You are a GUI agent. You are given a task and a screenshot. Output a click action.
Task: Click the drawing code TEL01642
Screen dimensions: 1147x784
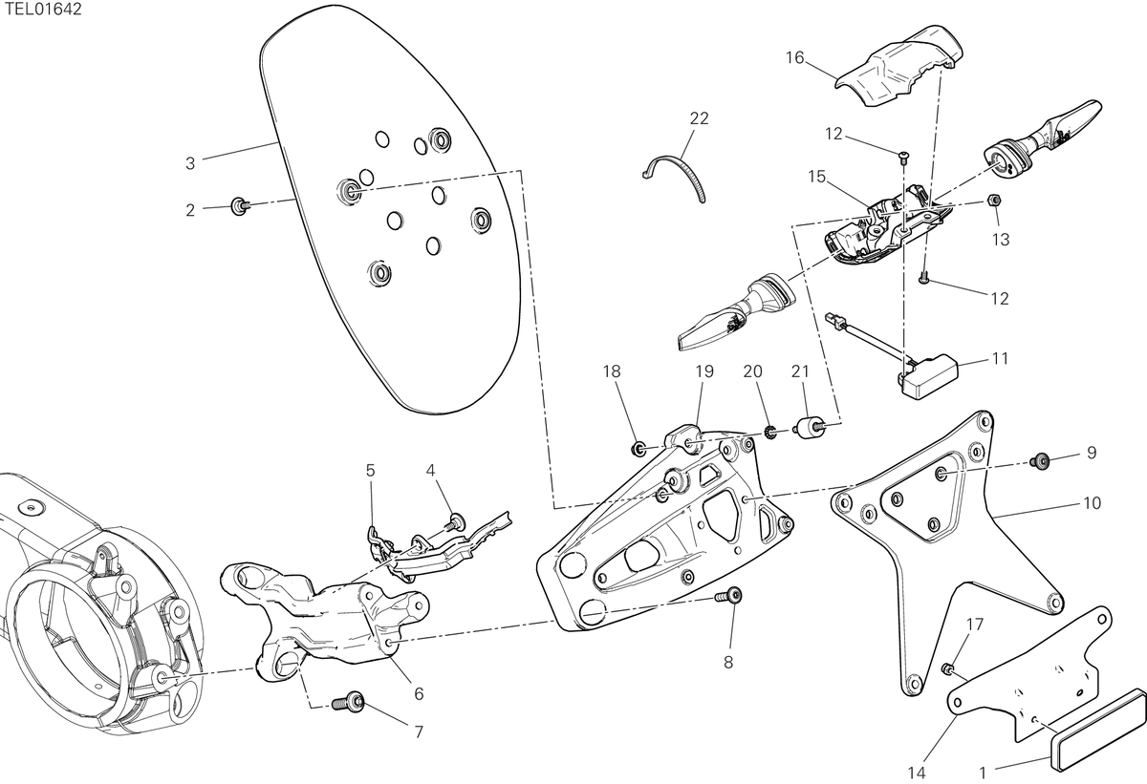(x=43, y=10)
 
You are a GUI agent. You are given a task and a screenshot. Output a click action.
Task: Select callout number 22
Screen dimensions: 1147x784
(x=699, y=118)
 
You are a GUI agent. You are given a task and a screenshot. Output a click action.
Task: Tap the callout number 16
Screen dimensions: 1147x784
(x=794, y=58)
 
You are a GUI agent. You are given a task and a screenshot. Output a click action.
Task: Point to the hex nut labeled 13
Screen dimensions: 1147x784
(x=993, y=200)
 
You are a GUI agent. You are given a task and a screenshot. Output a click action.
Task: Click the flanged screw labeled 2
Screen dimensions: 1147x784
(x=240, y=205)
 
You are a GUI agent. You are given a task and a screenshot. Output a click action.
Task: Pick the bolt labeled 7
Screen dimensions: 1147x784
(x=348, y=702)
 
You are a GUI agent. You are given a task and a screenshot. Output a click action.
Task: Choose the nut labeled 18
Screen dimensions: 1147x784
(x=638, y=450)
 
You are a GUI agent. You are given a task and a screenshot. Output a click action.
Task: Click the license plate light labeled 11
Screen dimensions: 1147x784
(x=928, y=376)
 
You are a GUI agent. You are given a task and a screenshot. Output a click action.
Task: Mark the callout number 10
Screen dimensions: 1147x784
(x=1093, y=503)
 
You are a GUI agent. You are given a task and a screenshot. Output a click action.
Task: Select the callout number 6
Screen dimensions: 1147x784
(x=419, y=694)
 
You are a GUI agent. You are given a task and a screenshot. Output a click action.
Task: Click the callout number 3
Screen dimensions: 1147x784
(x=190, y=163)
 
